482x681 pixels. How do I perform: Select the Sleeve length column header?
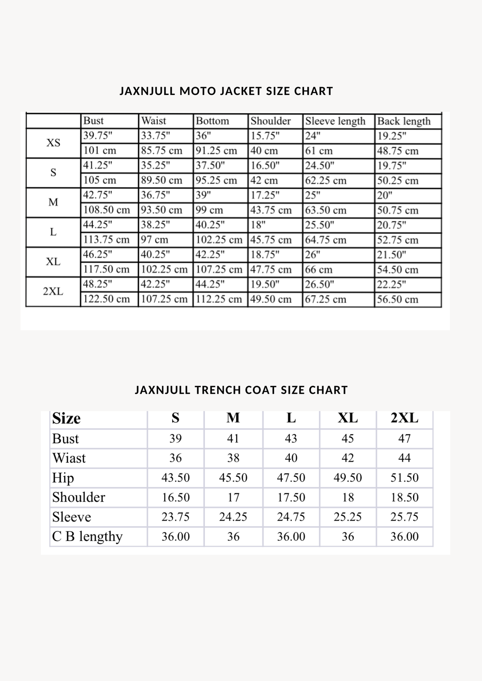(335, 121)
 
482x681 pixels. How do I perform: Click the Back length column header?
(404, 121)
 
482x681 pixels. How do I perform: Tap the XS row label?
(53, 143)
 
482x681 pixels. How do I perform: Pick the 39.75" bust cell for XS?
(98, 136)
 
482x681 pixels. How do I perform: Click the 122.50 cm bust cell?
(106, 299)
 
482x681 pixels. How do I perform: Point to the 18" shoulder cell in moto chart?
(258, 225)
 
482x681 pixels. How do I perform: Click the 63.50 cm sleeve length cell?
(326, 210)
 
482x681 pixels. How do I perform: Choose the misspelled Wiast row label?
(69, 458)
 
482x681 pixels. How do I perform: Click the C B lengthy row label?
(87, 537)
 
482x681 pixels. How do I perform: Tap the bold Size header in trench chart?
(66, 419)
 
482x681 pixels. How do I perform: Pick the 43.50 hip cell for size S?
(176, 478)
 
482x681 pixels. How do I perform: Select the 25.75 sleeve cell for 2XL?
(405, 517)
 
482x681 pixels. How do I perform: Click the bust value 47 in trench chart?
(405, 439)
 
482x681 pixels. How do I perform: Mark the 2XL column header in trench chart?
(405, 418)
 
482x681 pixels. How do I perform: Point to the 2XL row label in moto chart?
(53, 292)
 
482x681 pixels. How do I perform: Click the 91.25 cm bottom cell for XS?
(217, 151)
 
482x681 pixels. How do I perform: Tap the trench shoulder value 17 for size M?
(233, 497)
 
